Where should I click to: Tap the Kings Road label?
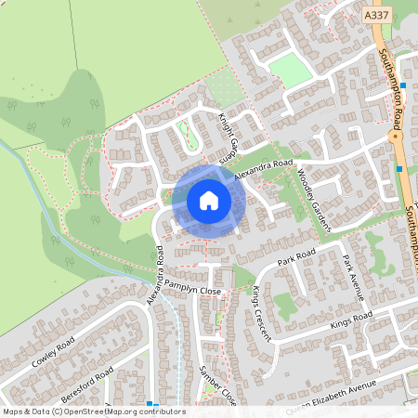click(350, 321)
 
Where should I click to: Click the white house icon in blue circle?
click(209, 201)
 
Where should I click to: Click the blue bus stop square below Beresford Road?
click(149, 403)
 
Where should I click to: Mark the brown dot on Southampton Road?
click(394, 137)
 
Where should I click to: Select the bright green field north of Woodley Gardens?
click(290, 71)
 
